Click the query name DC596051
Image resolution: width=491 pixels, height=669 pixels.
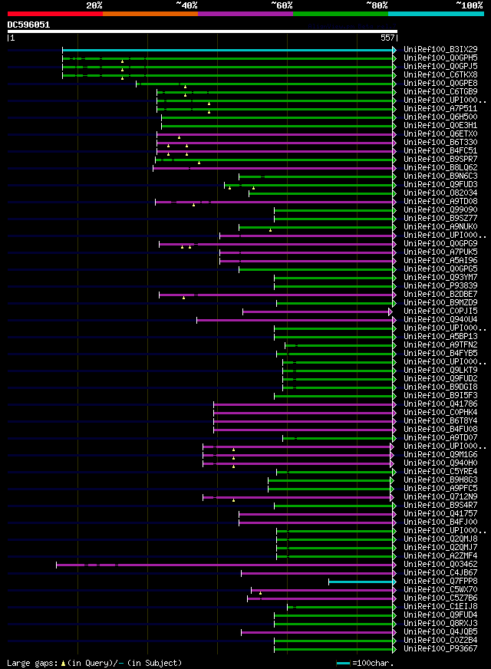(x=28, y=25)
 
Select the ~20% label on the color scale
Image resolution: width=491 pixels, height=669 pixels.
(x=94, y=5)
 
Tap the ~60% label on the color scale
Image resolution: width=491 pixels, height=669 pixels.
(x=282, y=5)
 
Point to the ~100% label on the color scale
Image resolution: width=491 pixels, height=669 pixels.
(x=469, y=5)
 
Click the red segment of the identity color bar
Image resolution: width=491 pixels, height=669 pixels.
(x=54, y=13)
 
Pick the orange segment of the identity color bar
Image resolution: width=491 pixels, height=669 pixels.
(x=150, y=13)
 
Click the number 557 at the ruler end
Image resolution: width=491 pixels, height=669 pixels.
(x=387, y=38)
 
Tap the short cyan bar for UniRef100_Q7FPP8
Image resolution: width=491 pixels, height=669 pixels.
(x=361, y=582)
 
